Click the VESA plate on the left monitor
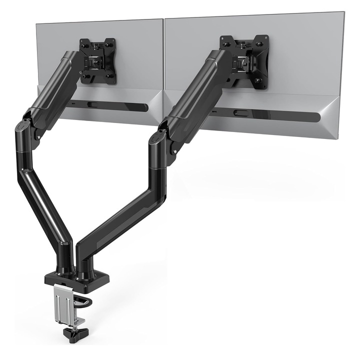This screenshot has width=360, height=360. click(98, 61)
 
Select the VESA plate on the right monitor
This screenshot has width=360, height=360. click(244, 61)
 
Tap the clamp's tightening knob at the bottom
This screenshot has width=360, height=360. click(73, 332)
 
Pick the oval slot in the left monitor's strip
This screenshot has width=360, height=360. click(92, 104)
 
